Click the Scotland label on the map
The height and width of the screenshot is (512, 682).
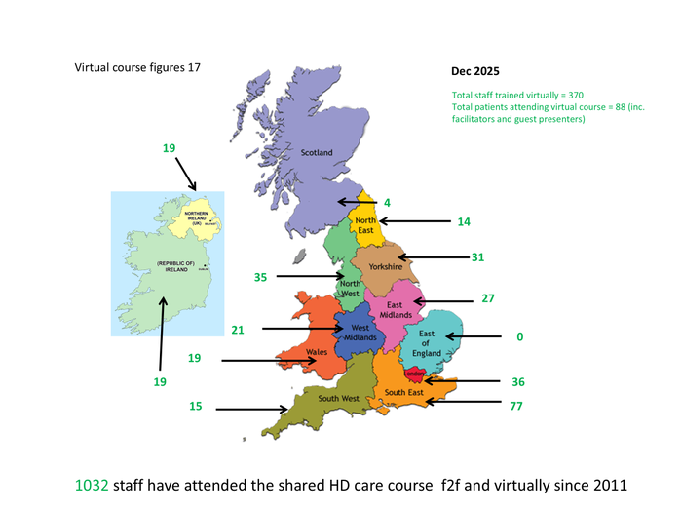tap(316, 152)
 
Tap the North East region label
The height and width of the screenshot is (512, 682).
tap(365, 226)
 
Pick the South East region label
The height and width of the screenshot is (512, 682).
tap(402, 393)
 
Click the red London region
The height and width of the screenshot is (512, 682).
tap(415, 373)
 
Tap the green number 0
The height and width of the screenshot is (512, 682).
tap(520, 336)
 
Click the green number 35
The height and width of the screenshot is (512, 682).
tap(260, 277)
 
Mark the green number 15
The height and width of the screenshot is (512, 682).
tap(196, 409)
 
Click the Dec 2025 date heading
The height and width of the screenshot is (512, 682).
tap(474, 72)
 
